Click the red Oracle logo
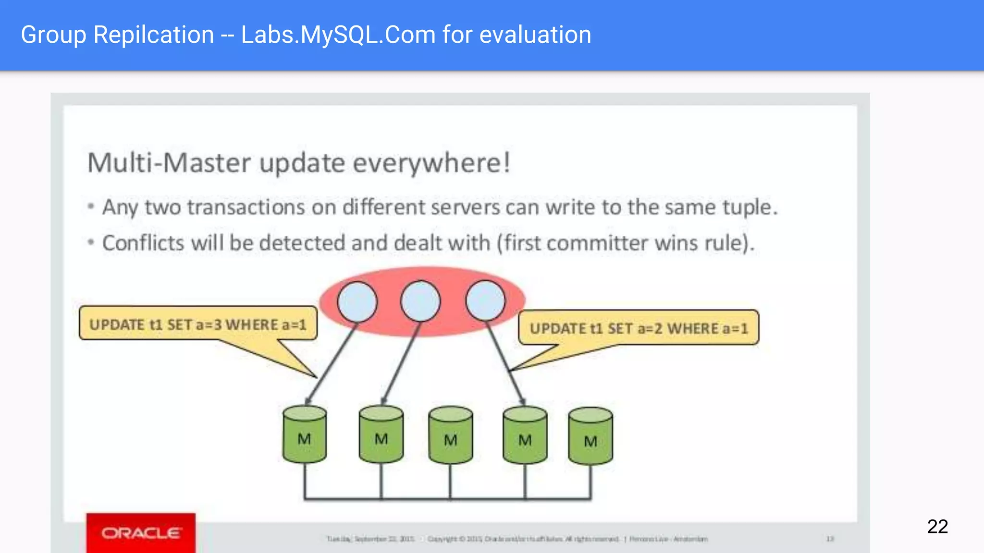141,533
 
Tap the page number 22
937,527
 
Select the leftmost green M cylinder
305,435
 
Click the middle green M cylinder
450,436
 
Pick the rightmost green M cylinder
590,437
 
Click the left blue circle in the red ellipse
357,301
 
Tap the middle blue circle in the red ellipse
420,301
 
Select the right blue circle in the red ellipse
485,301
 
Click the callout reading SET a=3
198,325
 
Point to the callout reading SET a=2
639,328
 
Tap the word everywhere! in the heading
431,163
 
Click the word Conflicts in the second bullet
143,243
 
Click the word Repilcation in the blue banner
154,35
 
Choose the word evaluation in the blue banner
535,35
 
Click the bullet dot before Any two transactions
91,207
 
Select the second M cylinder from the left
381,435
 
